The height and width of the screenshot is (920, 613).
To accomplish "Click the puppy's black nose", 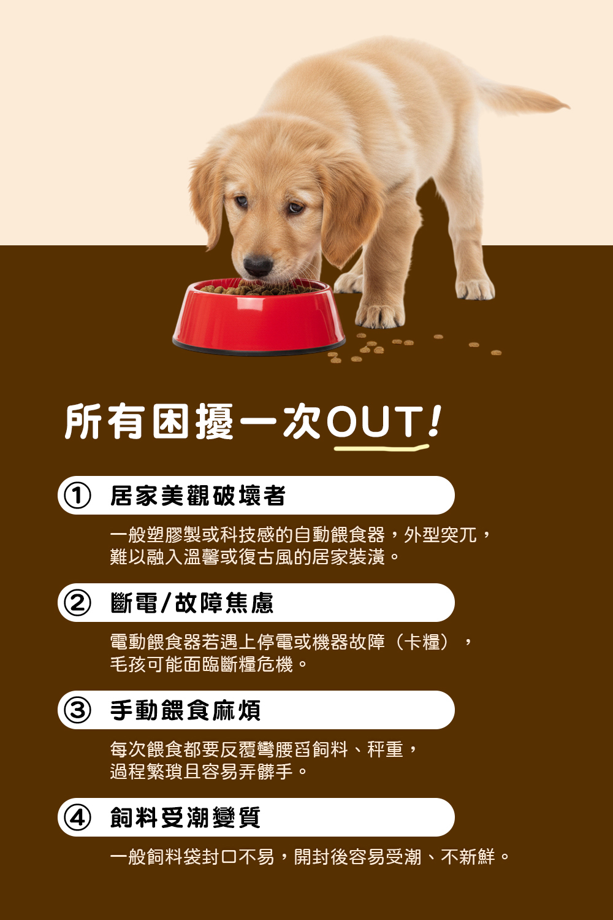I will click(x=257, y=266).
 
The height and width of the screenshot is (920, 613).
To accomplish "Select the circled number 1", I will click(x=77, y=496).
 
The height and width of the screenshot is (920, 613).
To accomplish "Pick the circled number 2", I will click(x=77, y=603).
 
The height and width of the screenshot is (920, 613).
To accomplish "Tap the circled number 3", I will click(x=77, y=710).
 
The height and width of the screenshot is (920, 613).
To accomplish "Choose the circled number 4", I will click(x=77, y=818).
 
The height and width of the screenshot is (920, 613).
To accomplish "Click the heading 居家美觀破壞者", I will click(x=197, y=496).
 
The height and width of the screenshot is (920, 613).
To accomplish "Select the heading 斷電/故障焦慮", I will click(x=191, y=603).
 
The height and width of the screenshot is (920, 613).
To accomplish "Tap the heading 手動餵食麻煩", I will click(x=185, y=710).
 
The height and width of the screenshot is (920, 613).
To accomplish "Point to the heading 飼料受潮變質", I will click(x=185, y=818).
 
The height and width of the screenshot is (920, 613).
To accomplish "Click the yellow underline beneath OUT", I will click(x=380, y=448).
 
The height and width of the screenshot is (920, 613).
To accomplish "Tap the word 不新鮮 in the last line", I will click(x=468, y=857).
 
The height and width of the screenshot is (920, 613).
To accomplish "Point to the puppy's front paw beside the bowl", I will click(x=380, y=315).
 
